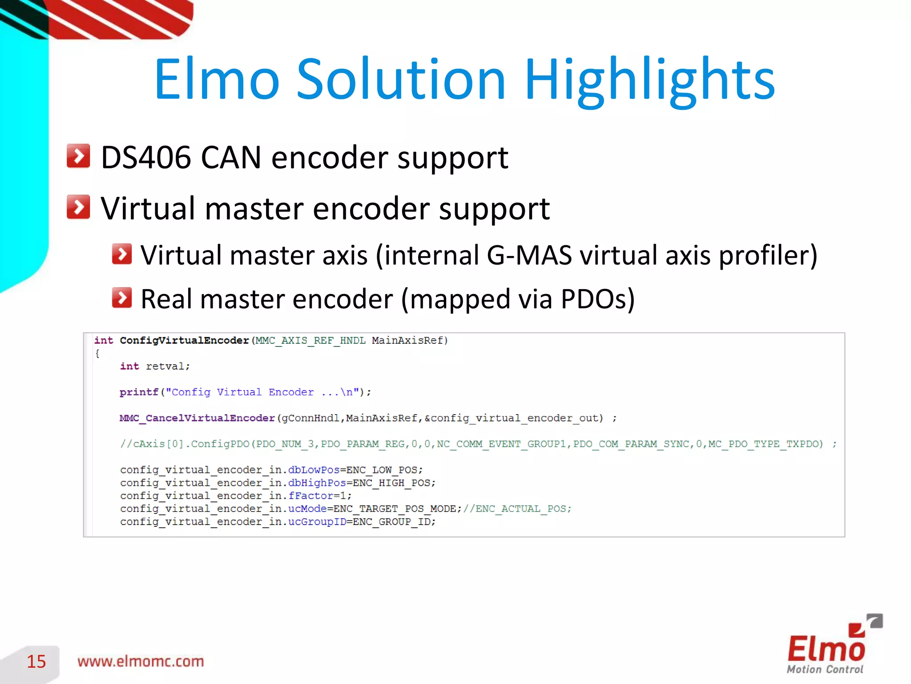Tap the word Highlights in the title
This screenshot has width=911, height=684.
coord(650,80)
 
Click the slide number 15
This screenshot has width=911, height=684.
coord(36,661)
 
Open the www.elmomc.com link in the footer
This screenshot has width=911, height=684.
coord(141,661)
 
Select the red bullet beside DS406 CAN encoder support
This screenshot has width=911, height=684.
coord(78,156)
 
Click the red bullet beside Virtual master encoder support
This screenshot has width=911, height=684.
coord(78,207)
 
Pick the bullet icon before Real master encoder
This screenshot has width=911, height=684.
coord(122,298)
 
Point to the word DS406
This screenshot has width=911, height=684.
coord(146,158)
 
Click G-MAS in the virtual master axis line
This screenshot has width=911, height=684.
coord(529,256)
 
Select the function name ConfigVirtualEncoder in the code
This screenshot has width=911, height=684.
coord(184,341)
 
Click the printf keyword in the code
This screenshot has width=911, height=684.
coord(139,392)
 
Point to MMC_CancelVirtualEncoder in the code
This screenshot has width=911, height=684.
coord(197,418)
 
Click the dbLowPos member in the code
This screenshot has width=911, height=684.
coord(314,470)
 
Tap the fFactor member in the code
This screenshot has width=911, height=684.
coord(311,496)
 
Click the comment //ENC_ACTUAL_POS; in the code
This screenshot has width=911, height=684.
coord(517,509)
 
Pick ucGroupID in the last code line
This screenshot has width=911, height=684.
coord(317,521)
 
